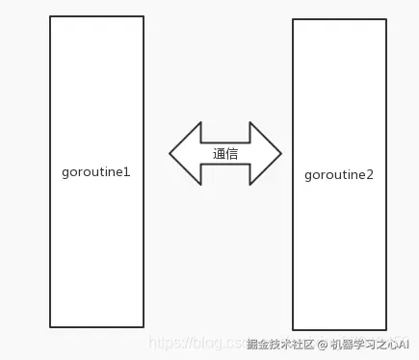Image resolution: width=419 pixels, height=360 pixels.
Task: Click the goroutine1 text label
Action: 95,171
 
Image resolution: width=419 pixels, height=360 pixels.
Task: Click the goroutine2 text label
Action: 339,174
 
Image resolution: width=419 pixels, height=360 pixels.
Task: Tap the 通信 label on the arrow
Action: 225,153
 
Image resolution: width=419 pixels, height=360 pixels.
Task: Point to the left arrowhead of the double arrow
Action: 180,153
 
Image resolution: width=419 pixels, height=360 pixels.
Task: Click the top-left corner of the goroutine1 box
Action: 50,16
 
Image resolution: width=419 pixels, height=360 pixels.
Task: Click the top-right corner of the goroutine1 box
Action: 144,16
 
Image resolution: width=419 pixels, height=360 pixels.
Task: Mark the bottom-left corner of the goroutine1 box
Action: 50,327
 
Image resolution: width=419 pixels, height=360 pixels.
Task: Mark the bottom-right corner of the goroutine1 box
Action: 144,327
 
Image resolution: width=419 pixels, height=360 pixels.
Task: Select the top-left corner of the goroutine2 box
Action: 293,19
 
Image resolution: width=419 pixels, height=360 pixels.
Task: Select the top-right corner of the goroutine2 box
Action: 386,19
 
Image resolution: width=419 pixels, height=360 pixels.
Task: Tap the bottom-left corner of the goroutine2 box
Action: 293,330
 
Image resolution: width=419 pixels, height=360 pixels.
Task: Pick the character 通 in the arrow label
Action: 219,153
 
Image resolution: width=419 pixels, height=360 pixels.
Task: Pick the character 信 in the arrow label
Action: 232,153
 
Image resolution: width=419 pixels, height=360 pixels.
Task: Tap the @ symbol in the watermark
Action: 324,344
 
